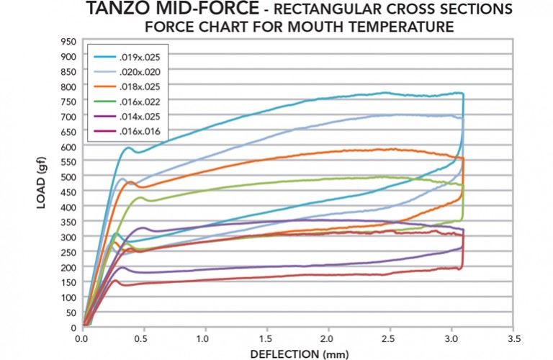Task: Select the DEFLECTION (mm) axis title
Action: point(297,353)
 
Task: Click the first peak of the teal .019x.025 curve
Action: point(130,148)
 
